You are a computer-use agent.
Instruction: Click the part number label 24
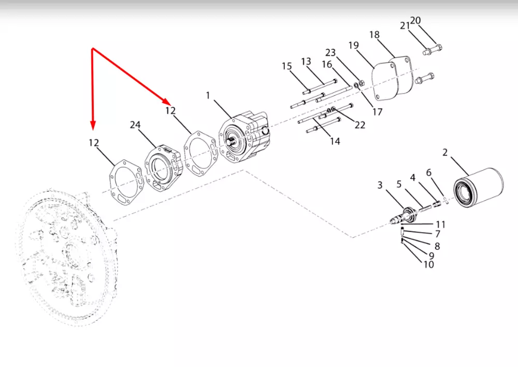(135, 124)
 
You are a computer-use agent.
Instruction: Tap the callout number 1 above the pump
(208, 95)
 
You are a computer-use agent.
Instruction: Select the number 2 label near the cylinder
(445, 152)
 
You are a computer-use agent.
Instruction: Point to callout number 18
(375, 35)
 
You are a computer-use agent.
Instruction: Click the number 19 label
(353, 45)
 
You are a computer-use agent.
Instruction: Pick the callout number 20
(415, 21)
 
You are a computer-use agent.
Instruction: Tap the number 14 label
(335, 141)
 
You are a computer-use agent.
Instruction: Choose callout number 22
(360, 124)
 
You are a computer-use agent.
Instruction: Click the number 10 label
(428, 264)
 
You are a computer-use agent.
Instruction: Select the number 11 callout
(440, 224)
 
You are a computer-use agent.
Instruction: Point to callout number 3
(380, 185)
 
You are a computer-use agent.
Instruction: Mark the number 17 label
(377, 112)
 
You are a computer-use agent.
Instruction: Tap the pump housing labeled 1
(245, 136)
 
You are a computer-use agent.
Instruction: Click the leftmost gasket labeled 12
(126, 182)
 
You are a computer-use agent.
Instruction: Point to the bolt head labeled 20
(439, 48)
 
